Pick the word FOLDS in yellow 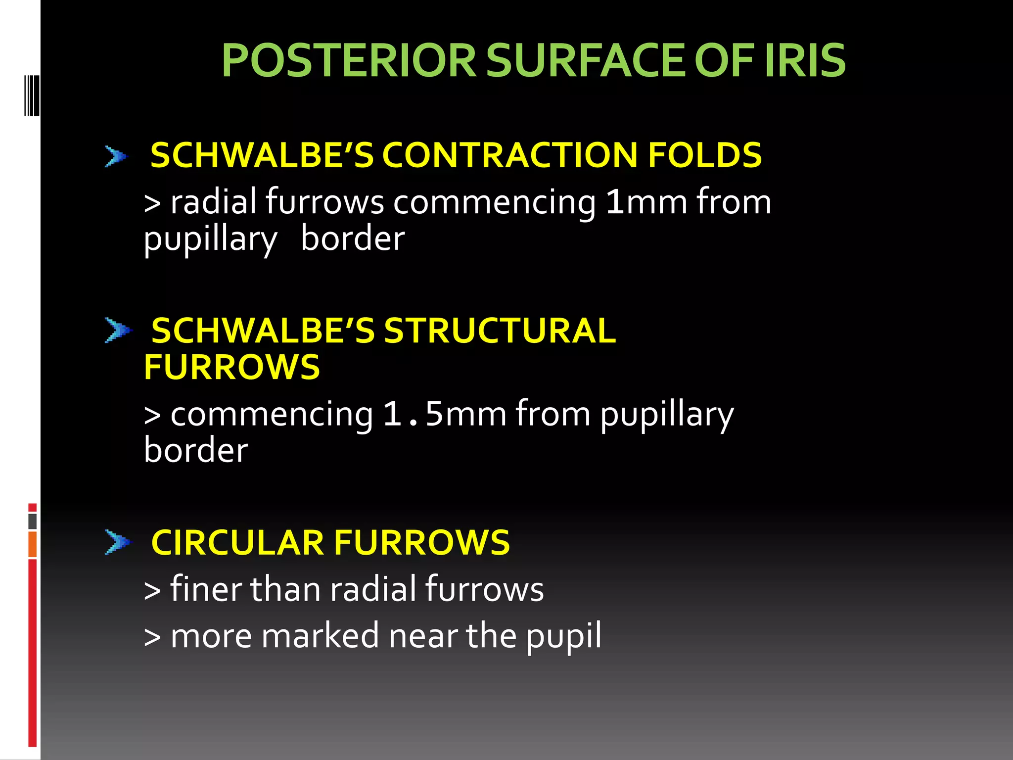704,155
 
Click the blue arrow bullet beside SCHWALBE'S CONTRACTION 116,156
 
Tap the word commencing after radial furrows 494,203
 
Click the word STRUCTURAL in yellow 500,331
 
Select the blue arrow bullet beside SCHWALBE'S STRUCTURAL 118,331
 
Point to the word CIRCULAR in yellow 237,542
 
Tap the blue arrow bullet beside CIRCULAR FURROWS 118,542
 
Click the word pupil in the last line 563,636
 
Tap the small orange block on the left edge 32,544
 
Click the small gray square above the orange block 32,521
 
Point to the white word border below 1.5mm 196,450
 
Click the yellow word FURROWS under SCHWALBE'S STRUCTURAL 231,367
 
